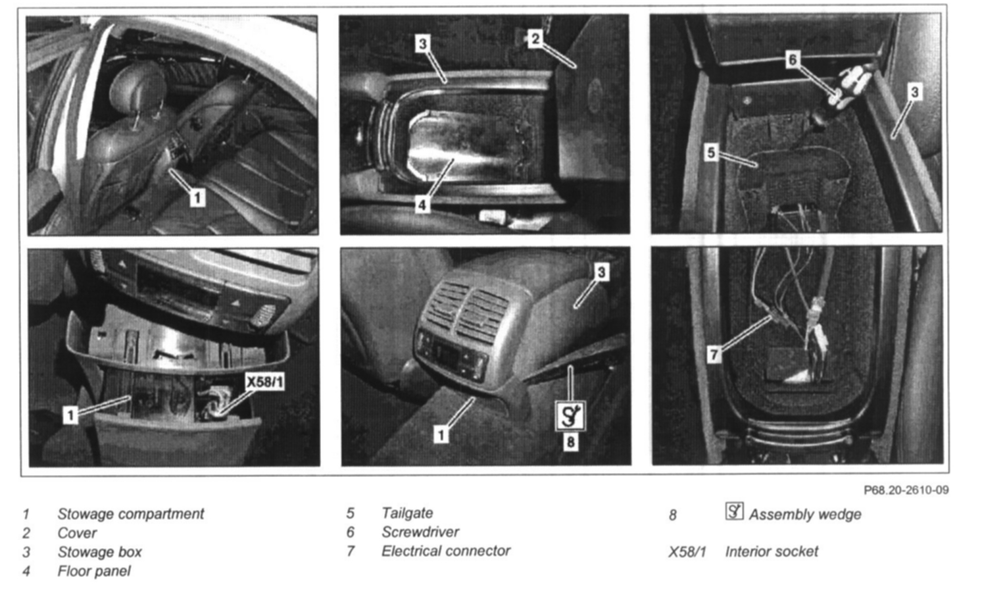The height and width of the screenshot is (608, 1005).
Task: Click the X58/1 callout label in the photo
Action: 265,382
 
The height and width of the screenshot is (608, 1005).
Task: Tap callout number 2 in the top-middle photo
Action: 535,39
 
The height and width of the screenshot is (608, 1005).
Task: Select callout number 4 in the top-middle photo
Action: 422,205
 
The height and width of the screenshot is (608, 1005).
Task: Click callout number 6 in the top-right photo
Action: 793,60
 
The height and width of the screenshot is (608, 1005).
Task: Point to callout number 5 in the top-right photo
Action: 711,153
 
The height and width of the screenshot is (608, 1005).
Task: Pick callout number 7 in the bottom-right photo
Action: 714,355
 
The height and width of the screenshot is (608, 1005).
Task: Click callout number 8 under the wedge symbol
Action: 570,442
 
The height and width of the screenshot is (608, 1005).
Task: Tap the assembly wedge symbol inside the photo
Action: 570,415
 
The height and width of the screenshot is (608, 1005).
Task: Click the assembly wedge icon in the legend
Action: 735,511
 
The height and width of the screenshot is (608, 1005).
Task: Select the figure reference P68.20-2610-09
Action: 906,490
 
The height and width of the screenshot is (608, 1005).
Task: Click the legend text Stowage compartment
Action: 131,514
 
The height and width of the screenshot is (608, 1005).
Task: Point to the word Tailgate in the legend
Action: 407,513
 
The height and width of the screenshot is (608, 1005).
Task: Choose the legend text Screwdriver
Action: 420,532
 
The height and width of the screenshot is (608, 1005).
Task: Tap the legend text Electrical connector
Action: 445,551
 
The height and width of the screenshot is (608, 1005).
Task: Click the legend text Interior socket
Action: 772,551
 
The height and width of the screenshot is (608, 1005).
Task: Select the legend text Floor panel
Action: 94,571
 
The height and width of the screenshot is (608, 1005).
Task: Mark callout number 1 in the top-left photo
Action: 197,197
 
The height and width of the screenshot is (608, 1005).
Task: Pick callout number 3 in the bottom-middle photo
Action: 601,272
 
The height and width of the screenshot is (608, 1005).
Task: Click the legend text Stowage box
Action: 99,552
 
